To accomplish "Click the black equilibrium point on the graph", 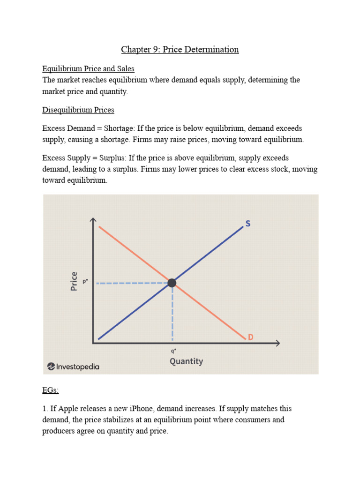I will click(172, 283).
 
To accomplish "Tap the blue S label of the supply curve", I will click(247, 224).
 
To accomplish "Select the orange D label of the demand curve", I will click(250, 337).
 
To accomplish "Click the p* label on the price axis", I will click(85, 282).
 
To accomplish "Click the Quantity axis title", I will click(186, 361).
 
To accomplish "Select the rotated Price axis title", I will click(74, 281).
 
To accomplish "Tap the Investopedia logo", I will click(74, 367).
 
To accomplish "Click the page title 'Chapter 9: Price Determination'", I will click(180, 49).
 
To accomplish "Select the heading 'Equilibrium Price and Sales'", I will click(88, 68).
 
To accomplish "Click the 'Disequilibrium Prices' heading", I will click(78, 110).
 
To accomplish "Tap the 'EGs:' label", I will click(50, 390).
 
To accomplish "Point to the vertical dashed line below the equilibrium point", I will click(172, 314).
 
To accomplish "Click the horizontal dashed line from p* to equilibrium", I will click(131, 283).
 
